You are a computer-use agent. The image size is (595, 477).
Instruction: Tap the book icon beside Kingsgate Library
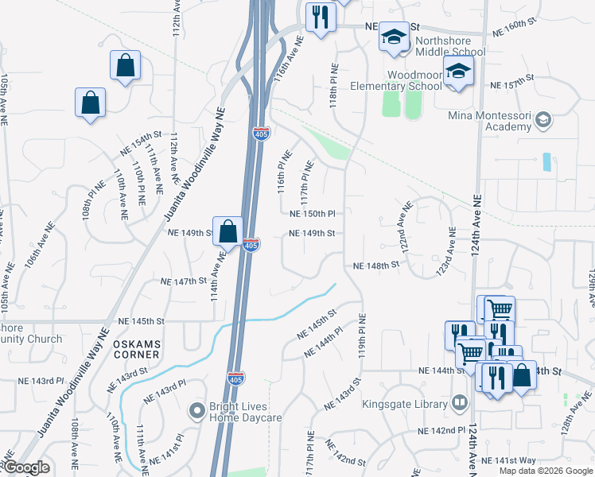point(457,403)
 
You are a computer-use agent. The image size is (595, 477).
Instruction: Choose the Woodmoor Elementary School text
point(414,80)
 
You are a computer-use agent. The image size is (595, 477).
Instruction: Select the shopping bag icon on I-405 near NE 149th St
point(228,232)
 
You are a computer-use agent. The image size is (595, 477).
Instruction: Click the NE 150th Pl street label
point(313,214)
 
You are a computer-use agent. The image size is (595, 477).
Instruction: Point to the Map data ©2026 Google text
point(546,471)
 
